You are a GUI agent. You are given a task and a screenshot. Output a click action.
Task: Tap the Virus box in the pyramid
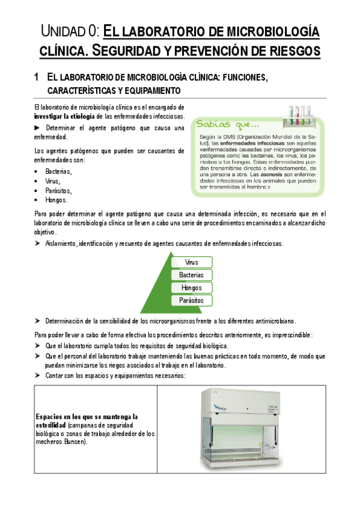[x=192, y=262]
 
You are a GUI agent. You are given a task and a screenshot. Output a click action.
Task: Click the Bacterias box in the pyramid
[x=192, y=275]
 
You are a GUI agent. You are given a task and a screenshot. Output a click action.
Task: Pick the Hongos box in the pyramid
[x=192, y=287]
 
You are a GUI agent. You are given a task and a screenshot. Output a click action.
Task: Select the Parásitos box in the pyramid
[x=192, y=300]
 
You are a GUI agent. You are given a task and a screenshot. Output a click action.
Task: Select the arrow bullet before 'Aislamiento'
[x=38, y=243]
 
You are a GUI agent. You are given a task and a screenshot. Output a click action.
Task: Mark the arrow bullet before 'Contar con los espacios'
[x=38, y=375]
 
